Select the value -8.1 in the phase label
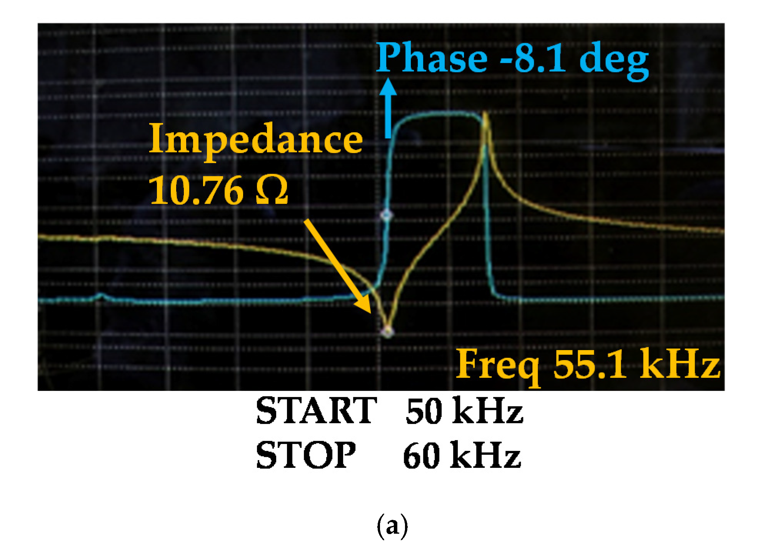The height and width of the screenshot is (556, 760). click(533, 58)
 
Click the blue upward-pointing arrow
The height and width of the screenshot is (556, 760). click(389, 108)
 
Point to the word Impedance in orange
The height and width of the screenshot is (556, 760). click(256, 140)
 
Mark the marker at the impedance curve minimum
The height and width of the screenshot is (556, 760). click(387, 331)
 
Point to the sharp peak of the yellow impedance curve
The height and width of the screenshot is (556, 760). click(485, 114)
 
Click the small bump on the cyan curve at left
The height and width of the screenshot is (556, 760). click(101, 296)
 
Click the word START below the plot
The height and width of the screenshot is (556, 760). click(316, 411)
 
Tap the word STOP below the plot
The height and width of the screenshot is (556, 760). click(306, 455)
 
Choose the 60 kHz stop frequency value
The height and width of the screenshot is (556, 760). click(462, 455)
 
